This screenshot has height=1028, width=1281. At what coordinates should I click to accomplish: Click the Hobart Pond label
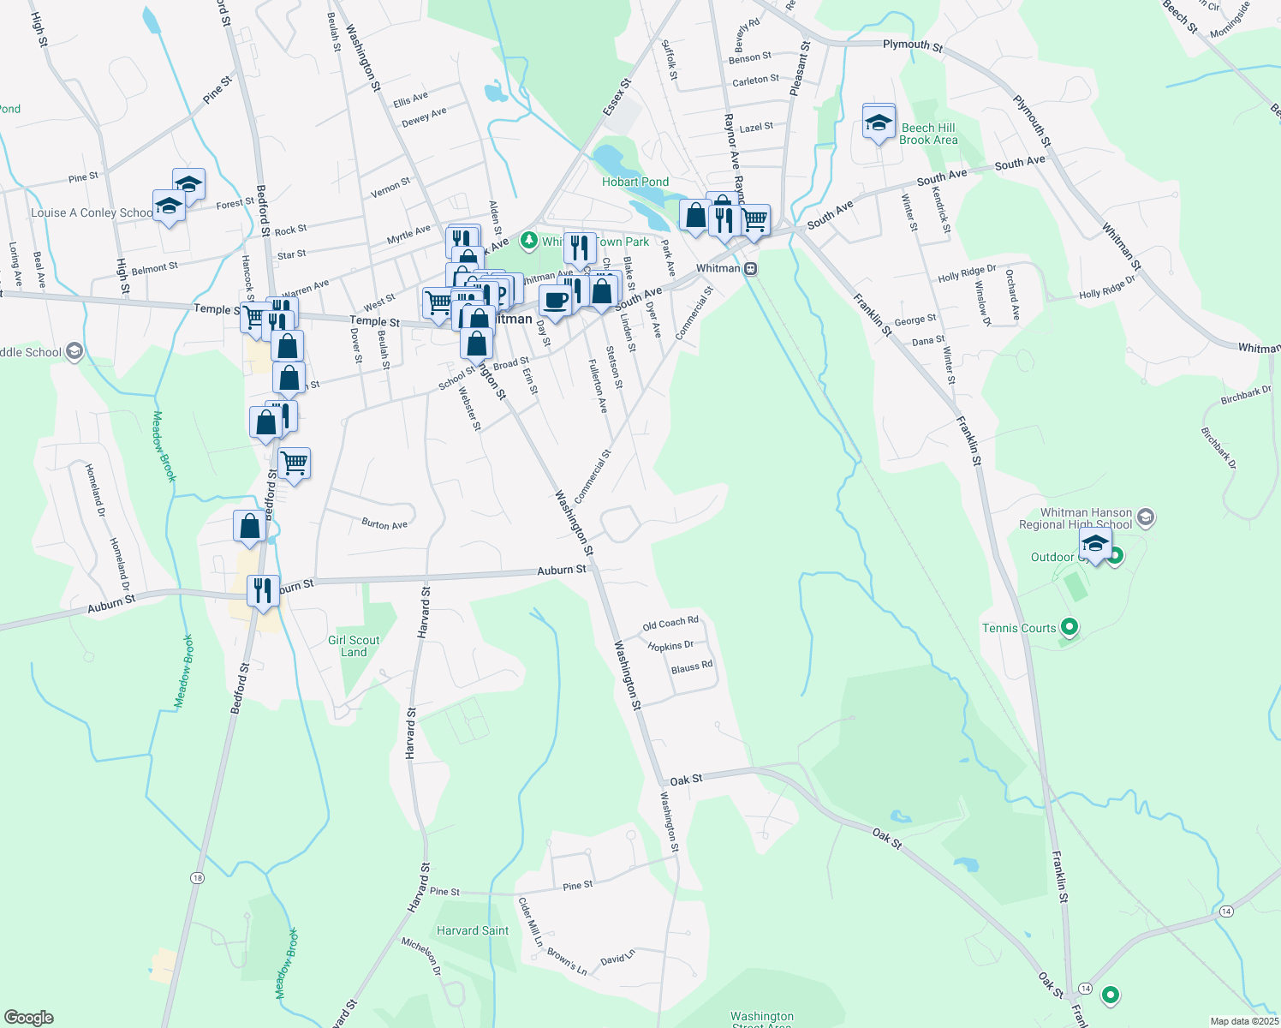pos(635,182)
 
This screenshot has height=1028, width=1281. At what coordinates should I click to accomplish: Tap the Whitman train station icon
pos(750,268)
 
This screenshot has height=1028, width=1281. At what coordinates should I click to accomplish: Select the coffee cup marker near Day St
pos(555,301)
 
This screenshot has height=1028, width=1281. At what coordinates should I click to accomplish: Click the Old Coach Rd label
pos(670,623)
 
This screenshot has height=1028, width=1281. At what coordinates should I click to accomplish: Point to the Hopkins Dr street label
pos(670,646)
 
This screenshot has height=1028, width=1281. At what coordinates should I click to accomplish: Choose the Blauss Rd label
pos(692,666)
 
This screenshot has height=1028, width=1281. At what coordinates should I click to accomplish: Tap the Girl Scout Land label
pos(354,646)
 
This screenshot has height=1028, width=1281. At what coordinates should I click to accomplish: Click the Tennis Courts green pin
pos(1069,628)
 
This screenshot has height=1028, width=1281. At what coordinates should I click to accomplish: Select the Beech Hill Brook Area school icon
pos(879,123)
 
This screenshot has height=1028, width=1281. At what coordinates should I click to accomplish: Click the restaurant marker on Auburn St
pos(263,590)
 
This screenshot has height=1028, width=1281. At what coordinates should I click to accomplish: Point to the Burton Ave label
pos(384,523)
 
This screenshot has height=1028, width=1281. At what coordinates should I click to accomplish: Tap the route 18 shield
pos(198,878)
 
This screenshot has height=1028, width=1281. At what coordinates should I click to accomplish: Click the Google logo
pos(29,1018)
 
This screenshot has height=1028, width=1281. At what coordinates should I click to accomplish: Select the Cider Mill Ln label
pos(530,921)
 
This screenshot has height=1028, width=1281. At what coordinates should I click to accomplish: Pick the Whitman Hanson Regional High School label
pos(1086,518)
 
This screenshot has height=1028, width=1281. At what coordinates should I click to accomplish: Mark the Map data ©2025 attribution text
pos(1243,1021)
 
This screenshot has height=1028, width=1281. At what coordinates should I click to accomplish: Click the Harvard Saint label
pos(473,930)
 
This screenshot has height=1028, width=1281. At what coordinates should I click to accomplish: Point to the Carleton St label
pos(755,81)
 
